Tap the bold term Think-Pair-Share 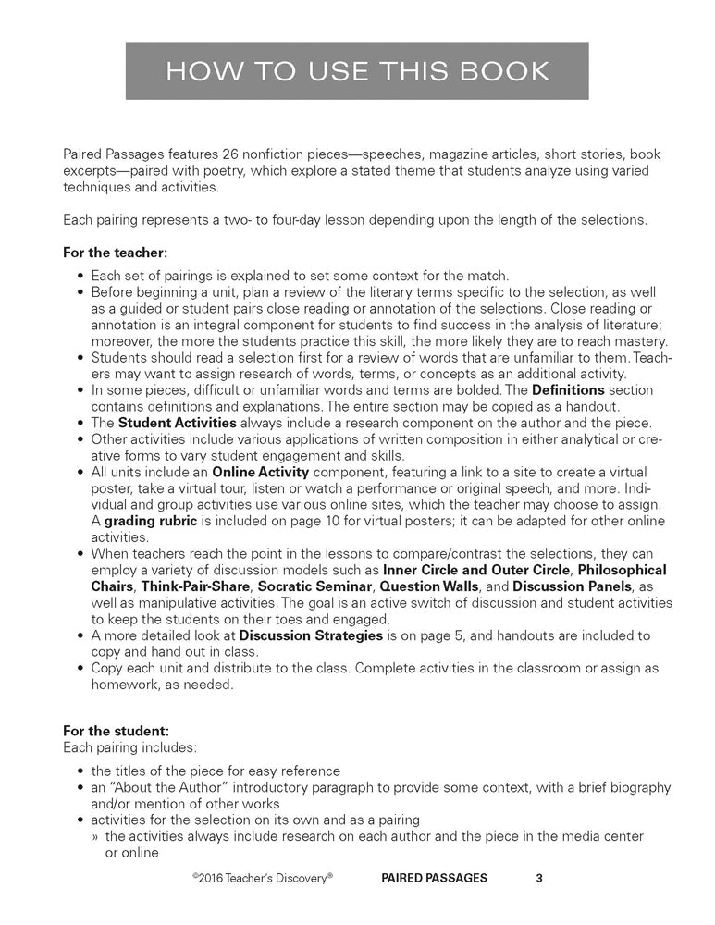tap(195, 586)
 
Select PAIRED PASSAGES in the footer tap(433, 878)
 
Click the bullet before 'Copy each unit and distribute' tap(81, 668)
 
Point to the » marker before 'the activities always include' tap(95, 836)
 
